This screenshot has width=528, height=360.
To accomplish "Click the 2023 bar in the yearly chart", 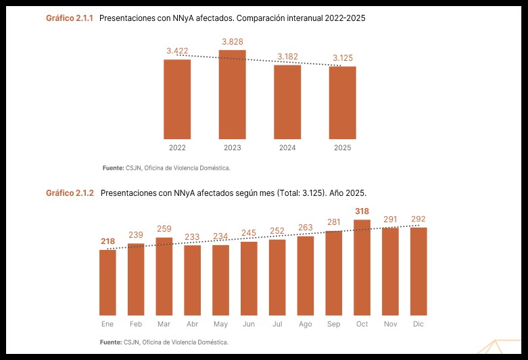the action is click(233, 95).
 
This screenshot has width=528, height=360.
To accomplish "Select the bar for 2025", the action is click(343, 103).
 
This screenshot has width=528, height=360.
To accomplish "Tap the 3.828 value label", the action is click(233, 42).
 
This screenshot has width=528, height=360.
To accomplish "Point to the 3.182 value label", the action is click(287, 57).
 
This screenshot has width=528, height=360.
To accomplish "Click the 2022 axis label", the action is click(177, 148).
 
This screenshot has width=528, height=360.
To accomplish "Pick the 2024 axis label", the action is click(287, 148).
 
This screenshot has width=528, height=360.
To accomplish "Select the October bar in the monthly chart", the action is click(362, 267).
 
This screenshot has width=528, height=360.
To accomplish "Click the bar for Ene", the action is click(107, 282).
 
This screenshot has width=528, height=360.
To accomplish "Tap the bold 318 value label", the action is click(362, 211).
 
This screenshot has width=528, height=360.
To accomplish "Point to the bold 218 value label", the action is click(107, 241).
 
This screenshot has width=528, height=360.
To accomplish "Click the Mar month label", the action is click(164, 324).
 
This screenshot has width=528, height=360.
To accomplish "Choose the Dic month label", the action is click(418, 324).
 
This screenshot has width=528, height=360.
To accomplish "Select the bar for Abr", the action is click(192, 280).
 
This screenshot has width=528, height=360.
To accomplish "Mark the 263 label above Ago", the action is click(306, 228).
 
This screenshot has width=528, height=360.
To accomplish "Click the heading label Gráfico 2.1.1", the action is click(70, 18).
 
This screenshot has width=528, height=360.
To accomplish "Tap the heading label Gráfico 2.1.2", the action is click(70, 193).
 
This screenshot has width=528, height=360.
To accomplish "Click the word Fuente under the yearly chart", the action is click(114, 168).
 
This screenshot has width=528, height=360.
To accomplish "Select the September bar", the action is click(334, 273).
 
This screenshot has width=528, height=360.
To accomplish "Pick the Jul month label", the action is click(277, 324).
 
